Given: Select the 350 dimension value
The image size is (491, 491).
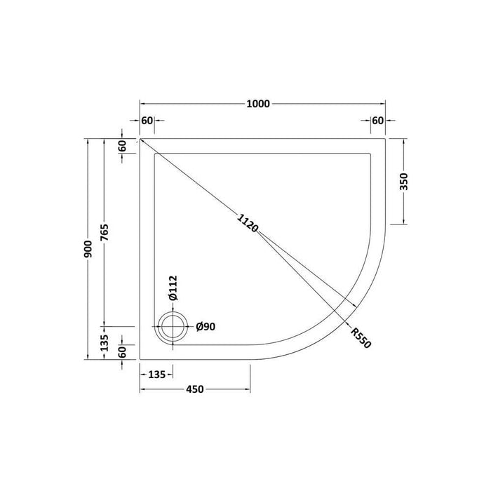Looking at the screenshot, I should click(x=403, y=182).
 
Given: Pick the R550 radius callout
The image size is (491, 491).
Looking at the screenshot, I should click(x=361, y=338).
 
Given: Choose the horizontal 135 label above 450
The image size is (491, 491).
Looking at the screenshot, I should click(x=156, y=375).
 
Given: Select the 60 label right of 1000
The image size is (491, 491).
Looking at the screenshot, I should click(x=378, y=121).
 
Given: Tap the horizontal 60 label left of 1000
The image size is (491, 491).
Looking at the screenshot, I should click(x=147, y=121).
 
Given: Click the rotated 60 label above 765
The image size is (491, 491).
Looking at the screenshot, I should click(x=122, y=146).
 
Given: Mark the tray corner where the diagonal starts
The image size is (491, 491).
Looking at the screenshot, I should click(x=140, y=138).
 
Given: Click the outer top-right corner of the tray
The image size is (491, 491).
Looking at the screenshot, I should click(x=386, y=138).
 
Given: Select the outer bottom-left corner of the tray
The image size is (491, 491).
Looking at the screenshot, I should click(x=140, y=359).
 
